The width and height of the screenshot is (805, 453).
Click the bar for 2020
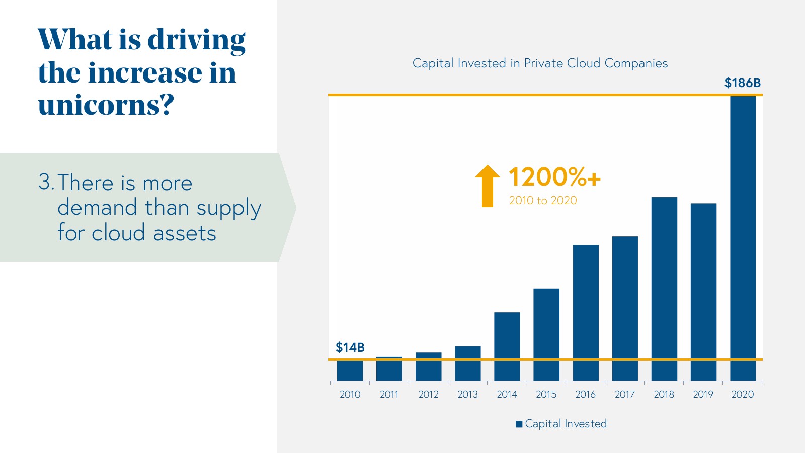pos(743,237)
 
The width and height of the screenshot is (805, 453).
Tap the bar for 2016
pos(586,312)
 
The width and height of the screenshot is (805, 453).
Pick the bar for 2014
pos(507,346)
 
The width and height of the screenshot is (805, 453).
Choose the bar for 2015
pos(546,334)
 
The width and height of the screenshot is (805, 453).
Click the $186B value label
pos(742,83)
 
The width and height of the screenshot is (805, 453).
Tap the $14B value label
pos(350,348)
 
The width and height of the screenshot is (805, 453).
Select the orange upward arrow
pos(487,186)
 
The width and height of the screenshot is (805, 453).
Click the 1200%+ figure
pos(554,177)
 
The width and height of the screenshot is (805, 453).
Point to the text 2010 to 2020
pos(543,201)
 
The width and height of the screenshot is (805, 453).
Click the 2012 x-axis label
pos(428,394)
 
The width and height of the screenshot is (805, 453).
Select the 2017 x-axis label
pos(624,394)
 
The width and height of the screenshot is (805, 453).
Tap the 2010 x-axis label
pos(350,394)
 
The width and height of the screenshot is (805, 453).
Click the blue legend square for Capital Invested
pos(519,424)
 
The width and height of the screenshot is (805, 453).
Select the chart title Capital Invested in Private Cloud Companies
pos(540,63)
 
